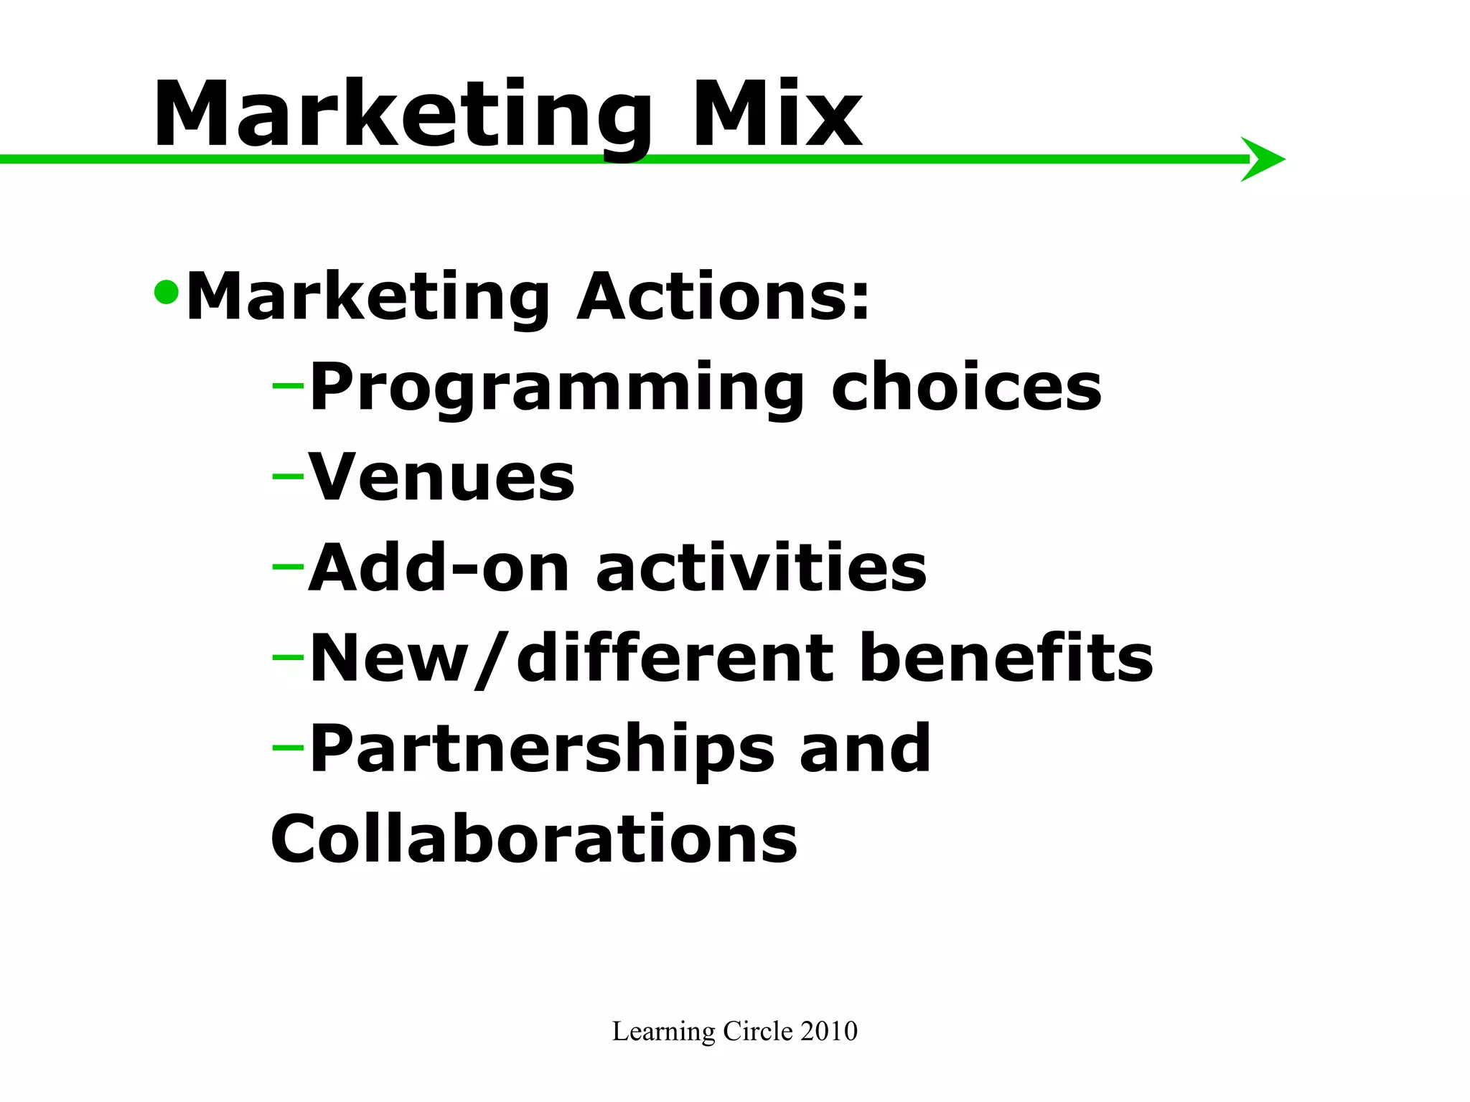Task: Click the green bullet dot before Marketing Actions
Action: (x=166, y=291)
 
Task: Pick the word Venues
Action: (x=441, y=477)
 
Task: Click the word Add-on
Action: (x=439, y=568)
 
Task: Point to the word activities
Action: (x=761, y=568)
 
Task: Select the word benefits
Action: (x=1006, y=658)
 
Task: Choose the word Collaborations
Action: (x=534, y=839)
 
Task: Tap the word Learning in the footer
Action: (x=664, y=1032)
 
